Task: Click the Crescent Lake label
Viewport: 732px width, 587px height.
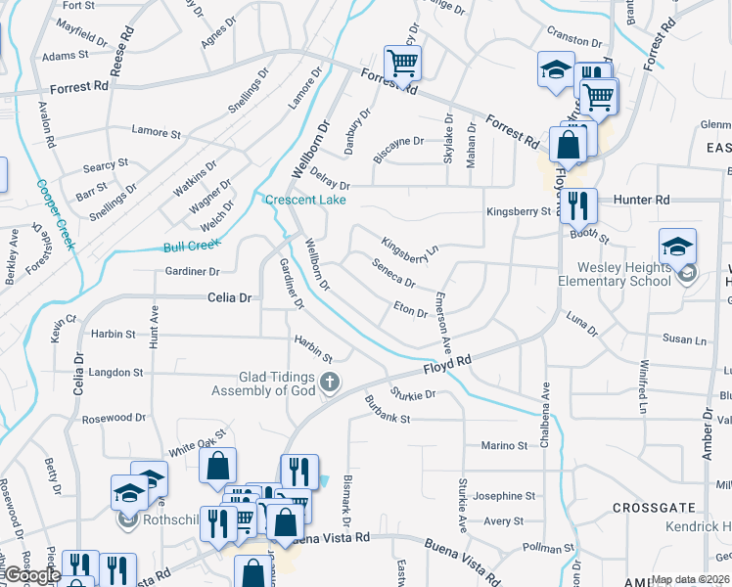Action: [304, 200]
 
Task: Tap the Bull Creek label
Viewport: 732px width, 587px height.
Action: [188, 247]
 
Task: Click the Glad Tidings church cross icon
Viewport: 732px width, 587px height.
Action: [331, 382]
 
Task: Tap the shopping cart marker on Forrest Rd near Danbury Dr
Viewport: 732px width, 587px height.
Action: [403, 65]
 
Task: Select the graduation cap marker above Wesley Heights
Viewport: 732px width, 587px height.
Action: [677, 247]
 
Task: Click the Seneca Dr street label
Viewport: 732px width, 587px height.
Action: [394, 273]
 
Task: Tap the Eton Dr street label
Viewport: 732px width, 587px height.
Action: [410, 310]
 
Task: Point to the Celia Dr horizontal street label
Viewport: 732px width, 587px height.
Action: [229, 297]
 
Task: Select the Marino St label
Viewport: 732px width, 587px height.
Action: [504, 446]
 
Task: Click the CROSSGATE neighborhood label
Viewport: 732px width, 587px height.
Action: [654, 508]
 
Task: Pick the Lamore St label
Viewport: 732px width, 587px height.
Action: [157, 132]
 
